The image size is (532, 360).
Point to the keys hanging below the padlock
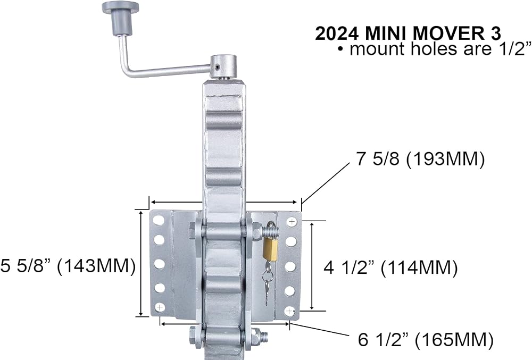(x=268, y=281)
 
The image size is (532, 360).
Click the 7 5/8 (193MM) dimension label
(x=420, y=158)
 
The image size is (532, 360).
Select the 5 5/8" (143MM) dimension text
(x=68, y=265)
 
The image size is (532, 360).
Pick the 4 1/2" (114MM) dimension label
(x=390, y=268)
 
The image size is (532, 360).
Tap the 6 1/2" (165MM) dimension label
(x=426, y=339)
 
